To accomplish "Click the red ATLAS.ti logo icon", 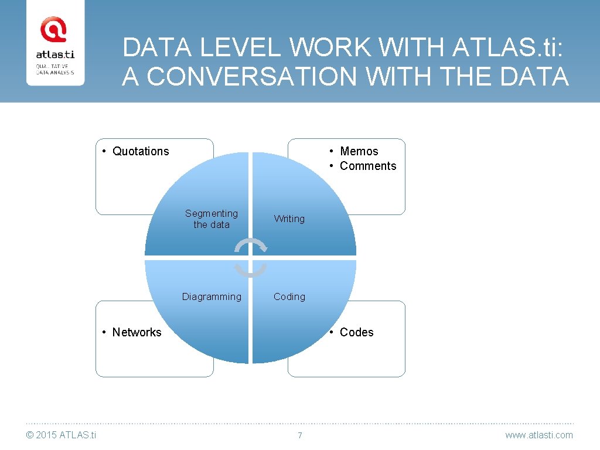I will tap(53, 29).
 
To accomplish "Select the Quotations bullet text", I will tap(141, 151).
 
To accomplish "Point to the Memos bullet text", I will tap(359, 151).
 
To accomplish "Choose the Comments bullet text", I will tap(368, 166).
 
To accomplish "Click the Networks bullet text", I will tap(137, 332).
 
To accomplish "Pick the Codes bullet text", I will tap(356, 332).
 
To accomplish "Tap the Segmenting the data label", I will tap(212, 219).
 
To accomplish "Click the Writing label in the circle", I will tap(289, 219).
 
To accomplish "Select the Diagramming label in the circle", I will tap(212, 296).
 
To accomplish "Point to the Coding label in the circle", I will tap(289, 296).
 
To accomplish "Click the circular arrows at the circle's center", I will tap(250, 257).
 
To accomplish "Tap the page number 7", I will tap(300, 435).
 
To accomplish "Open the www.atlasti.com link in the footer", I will tap(539, 435).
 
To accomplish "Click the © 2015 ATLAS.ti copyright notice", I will tap(62, 435).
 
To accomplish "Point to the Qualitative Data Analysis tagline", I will tap(55, 69).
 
